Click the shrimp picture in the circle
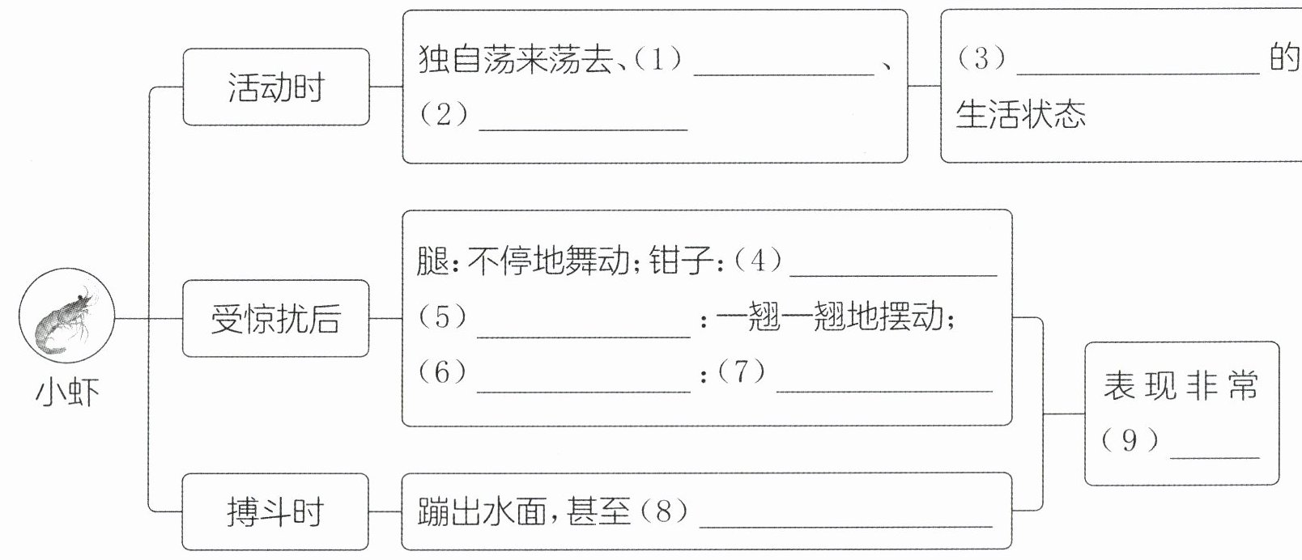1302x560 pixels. pos(67,320)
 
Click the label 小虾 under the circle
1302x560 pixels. pos(67,394)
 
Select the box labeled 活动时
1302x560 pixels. pos(275,87)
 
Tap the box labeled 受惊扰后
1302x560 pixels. pos(275,319)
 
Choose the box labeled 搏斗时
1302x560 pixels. pos(275,512)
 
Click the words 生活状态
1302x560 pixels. pos(1020,115)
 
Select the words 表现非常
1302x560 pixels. pos(1181,386)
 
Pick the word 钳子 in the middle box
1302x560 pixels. pos(681,261)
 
